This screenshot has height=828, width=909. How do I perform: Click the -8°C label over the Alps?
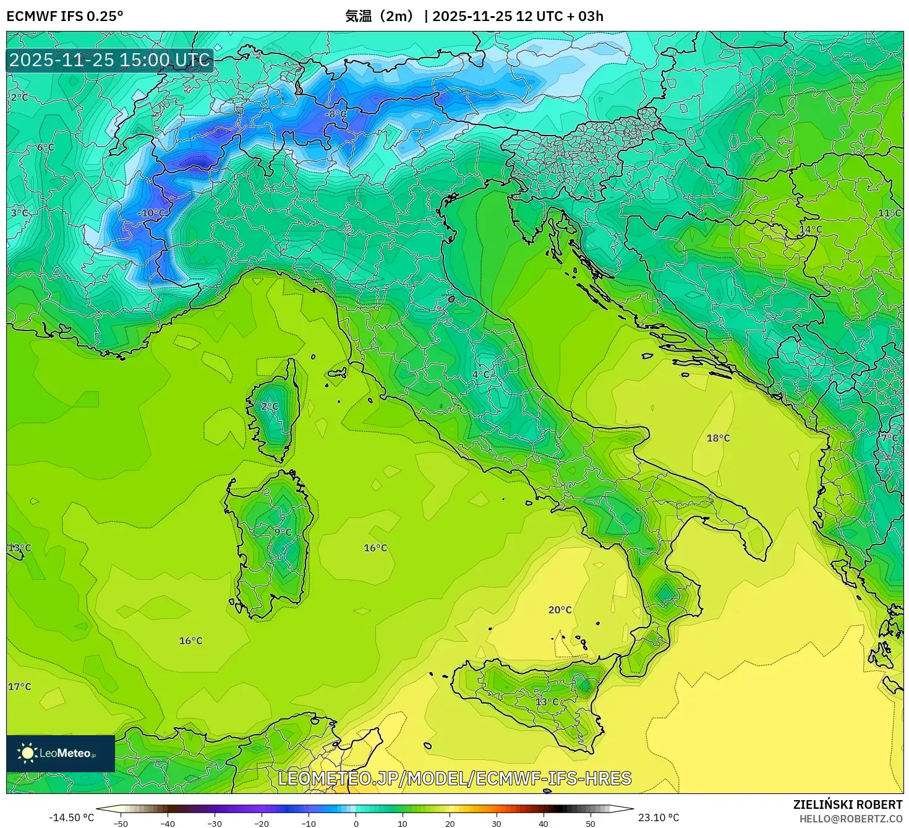pos(336,114)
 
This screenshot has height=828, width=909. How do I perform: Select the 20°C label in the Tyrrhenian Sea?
pos(560,610)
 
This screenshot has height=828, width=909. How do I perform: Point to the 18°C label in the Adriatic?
pos(718,438)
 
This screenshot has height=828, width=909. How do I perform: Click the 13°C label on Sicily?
pos(547,702)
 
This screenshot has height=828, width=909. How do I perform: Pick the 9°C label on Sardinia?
pos(283,532)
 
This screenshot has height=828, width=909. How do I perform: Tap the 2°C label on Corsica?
pos(270,407)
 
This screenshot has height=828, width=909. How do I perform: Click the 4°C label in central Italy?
pos(480,375)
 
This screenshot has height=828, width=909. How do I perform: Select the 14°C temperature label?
pos(811,230)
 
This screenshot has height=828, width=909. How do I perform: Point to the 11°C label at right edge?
pos(889,213)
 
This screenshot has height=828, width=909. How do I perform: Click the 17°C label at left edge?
pos(19,687)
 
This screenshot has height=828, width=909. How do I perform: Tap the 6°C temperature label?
pos(45,148)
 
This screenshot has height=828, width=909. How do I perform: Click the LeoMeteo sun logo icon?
pos(28,753)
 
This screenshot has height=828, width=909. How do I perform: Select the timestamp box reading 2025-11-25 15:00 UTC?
pos(109,60)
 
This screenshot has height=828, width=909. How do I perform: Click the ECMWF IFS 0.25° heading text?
pos(65,16)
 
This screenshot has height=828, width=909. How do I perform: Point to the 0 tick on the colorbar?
pos(356,823)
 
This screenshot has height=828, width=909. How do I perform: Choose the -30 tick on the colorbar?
pos(214,823)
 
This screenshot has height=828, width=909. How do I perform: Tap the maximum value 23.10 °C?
pos(659,817)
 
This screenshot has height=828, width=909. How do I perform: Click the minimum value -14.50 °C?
pos(72,817)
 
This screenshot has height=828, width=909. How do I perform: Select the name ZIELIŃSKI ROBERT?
pos(847,804)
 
